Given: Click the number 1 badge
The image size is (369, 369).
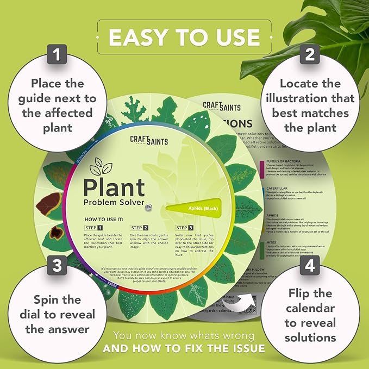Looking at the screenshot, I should pos(57,54).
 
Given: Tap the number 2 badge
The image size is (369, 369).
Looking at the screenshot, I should pos(310,54).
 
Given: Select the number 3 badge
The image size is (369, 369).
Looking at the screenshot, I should pos(57,267).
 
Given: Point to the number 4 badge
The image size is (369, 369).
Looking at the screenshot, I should pos(310,267).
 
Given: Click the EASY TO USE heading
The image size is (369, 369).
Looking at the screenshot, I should pos(184,36).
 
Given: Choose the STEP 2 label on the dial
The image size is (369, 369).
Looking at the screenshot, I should pos(140,227).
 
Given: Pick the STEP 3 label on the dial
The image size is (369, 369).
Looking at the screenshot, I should pos(184,227).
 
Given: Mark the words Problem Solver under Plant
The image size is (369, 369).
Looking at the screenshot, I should pos(114,203).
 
